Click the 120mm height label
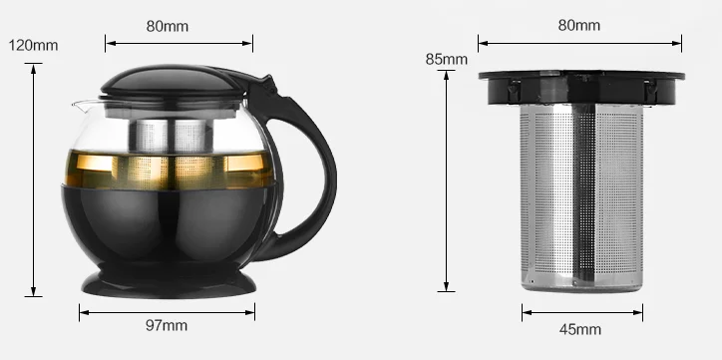pos(33,45)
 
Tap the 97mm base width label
pos(167,325)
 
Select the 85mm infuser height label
pos(446,60)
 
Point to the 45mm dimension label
pos(580,329)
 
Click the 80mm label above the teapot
pos(168,26)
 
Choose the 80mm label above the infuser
pos(579,25)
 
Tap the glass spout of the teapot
pos(83,107)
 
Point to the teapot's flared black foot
pos(169,283)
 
